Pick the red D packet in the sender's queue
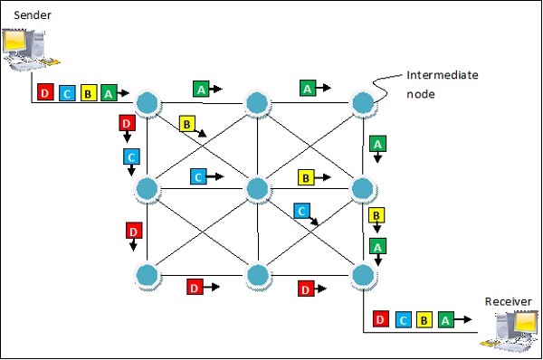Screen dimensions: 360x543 click(45, 93)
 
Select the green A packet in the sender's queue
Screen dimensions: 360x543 click(109, 93)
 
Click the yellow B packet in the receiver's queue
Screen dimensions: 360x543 click(424, 319)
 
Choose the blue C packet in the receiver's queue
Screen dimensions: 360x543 click(403, 319)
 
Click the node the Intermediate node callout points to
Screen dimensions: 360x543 click(363, 102)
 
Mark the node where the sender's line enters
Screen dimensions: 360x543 click(148, 102)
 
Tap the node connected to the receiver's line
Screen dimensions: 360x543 click(363, 275)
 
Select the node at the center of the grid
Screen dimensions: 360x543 click(256, 188)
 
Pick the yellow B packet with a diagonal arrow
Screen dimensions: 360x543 click(187, 124)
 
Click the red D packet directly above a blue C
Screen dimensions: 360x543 click(127, 123)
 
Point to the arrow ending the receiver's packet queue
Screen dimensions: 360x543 click(465, 319)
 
